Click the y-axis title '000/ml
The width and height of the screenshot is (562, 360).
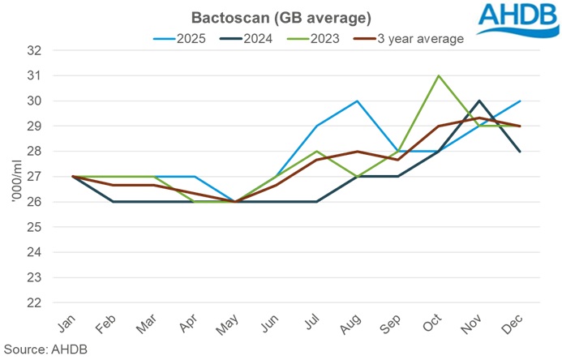(12, 177)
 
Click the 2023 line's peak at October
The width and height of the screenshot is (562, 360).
(439, 75)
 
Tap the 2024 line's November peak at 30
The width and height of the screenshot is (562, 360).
(481, 101)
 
